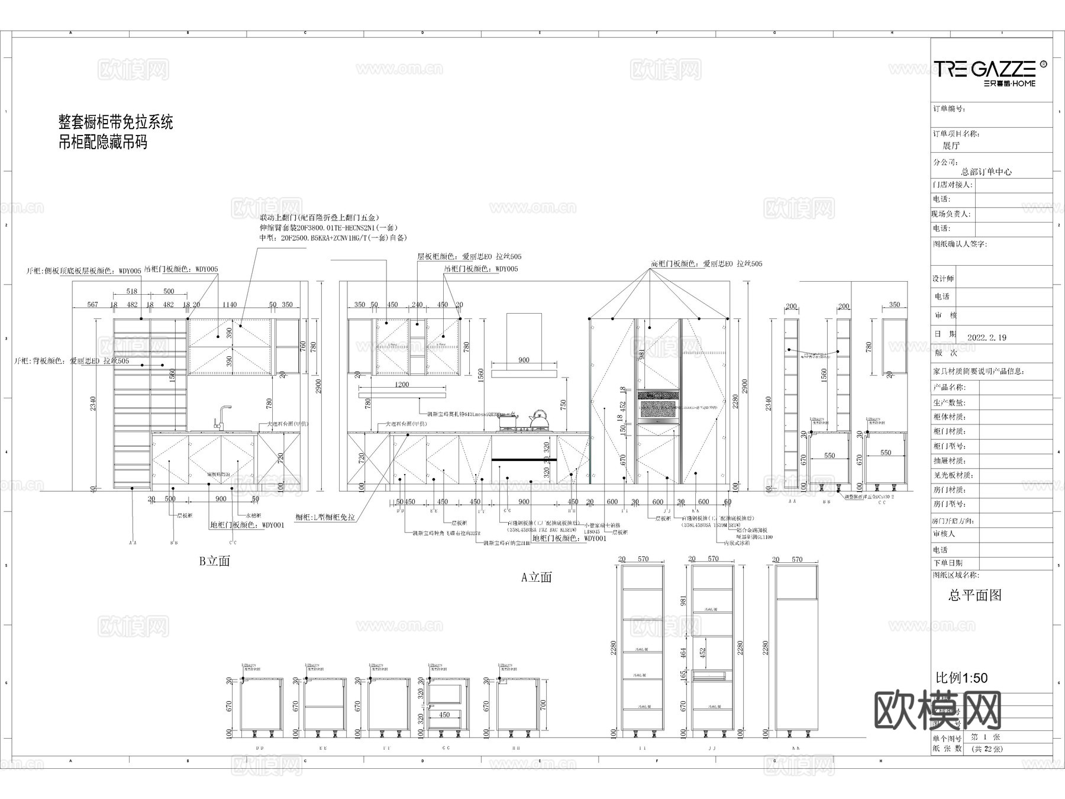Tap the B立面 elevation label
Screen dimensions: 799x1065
point(214,561)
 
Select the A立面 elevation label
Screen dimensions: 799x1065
point(536,577)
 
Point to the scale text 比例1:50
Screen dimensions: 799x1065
point(961,678)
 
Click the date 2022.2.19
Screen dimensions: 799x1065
point(986,337)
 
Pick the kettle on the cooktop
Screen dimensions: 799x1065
point(538,419)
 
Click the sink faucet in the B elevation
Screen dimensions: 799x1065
point(223,417)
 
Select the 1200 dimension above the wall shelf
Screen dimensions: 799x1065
point(402,385)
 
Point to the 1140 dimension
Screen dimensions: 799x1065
point(229,305)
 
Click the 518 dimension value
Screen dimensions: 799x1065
point(131,291)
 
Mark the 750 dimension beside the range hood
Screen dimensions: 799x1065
point(564,405)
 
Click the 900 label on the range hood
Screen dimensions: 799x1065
point(524,360)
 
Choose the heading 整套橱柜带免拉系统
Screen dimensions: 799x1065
point(115,123)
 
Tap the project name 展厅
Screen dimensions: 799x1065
point(951,146)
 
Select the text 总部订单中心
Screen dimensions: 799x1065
point(986,172)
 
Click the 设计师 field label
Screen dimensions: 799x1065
point(943,279)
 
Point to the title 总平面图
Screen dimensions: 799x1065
point(975,595)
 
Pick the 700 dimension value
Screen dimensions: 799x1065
point(544,705)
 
